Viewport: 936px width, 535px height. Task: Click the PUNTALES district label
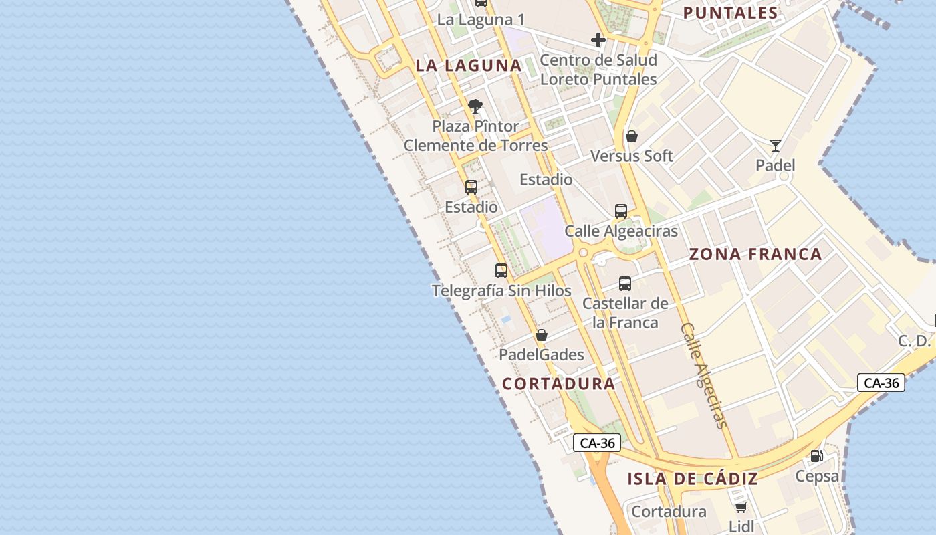730,13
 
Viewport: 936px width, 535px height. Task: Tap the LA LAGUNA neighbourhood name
468,66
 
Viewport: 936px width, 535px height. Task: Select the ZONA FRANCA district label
755,255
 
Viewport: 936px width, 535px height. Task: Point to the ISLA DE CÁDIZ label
693,479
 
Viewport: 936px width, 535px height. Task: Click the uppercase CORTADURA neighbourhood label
558,384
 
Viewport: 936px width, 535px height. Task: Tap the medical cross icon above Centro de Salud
598,40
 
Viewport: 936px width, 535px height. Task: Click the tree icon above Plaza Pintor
475,106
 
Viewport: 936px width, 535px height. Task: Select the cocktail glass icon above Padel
776,145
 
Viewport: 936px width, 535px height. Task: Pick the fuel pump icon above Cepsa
816,457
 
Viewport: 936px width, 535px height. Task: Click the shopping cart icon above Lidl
741,507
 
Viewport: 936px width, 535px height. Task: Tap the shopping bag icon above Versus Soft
632,137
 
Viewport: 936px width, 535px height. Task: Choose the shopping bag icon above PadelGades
542,335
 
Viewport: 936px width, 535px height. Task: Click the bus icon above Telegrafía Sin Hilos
501,271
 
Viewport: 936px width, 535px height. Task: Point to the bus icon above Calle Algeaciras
621,211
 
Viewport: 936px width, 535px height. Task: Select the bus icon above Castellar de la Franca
625,284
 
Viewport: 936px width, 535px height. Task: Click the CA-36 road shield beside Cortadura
597,443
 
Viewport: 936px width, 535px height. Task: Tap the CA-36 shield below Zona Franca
881,383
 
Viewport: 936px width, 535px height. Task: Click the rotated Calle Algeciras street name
703,375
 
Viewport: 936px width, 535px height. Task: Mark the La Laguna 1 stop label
480,19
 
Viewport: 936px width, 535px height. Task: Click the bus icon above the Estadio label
471,187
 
